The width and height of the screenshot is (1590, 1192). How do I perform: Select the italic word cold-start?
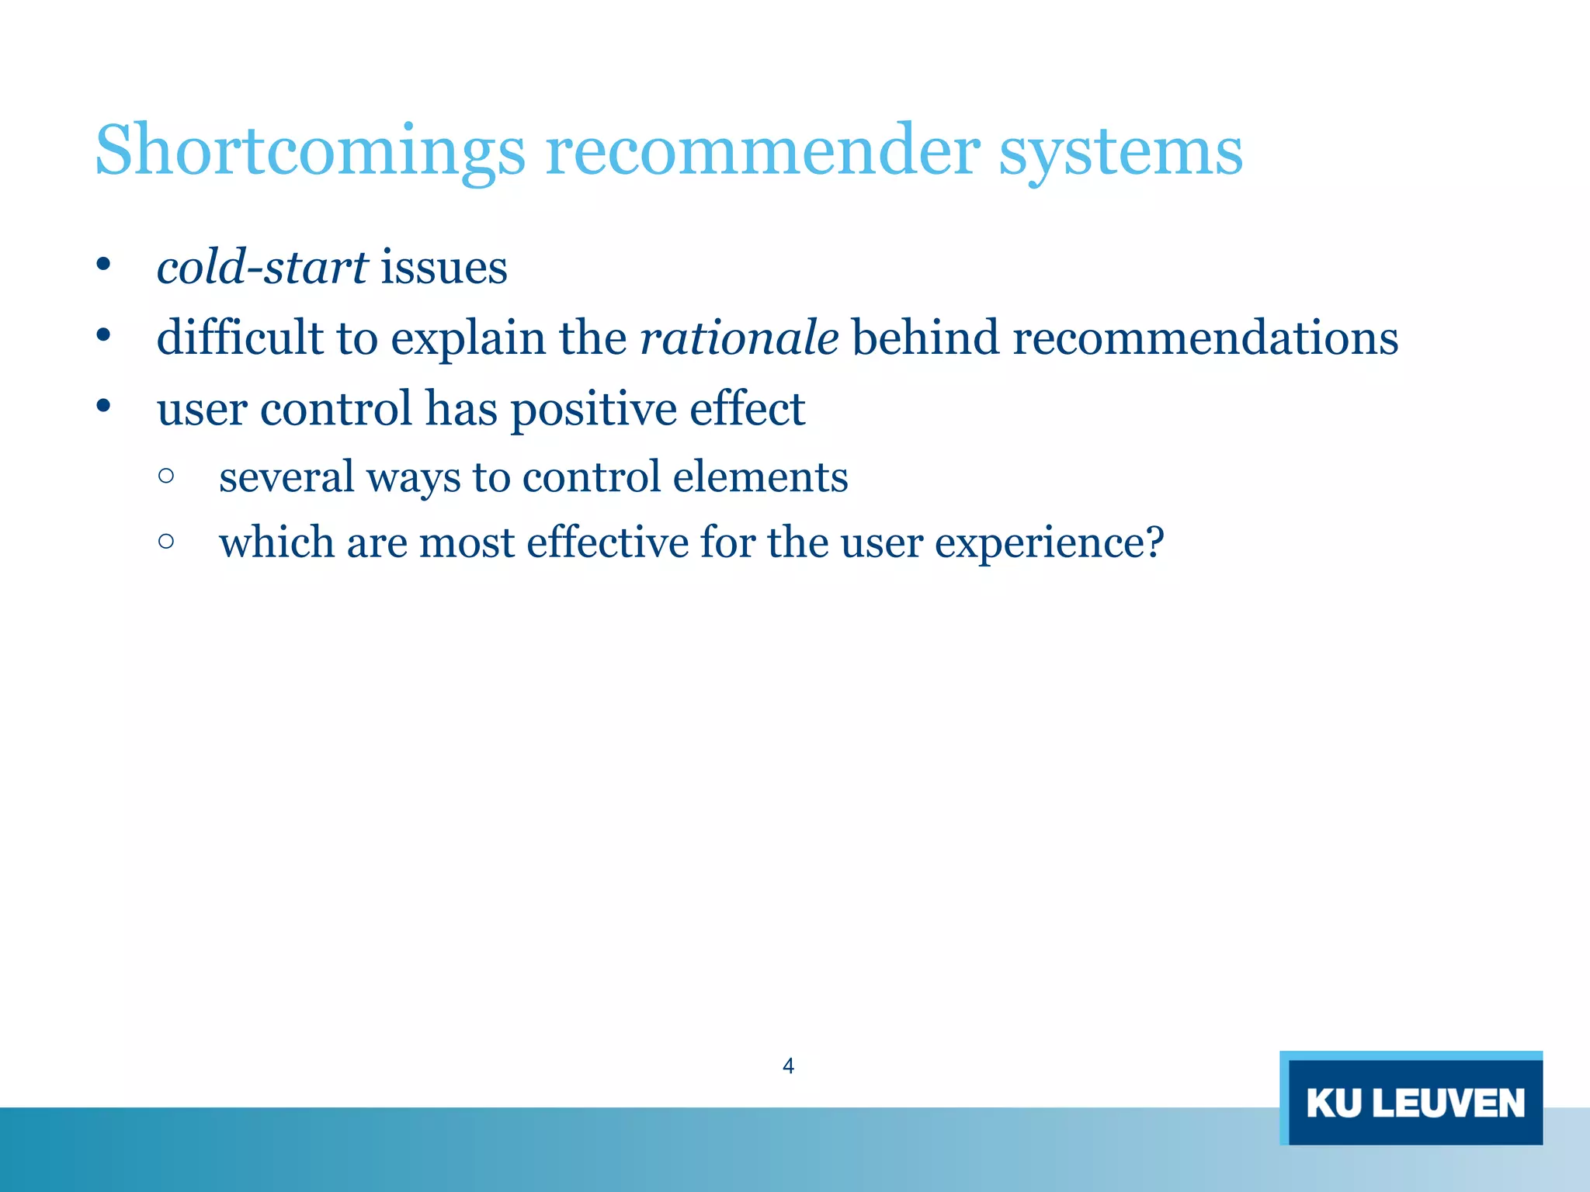point(262,268)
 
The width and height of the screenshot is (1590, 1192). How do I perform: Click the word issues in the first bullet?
point(443,268)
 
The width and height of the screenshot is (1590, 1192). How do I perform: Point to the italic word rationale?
point(738,339)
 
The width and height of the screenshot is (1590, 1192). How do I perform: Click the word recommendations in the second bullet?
point(1205,339)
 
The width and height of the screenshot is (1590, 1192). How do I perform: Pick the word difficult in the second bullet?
point(239,339)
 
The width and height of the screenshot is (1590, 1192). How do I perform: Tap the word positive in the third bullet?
point(593,410)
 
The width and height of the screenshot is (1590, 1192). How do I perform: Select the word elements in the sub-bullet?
point(760,476)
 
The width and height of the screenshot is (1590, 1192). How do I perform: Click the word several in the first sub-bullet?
point(286,476)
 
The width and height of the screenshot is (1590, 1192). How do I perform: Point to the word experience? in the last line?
point(1049,543)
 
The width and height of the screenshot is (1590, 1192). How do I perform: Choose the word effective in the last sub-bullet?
point(607,542)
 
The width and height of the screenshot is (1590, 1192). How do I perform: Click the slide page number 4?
point(788,1066)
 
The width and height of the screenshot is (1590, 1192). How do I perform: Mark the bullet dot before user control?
point(103,406)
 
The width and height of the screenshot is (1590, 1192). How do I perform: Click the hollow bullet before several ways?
point(165,475)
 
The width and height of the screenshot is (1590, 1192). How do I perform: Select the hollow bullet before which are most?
point(165,540)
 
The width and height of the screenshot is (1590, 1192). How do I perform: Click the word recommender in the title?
point(762,152)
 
